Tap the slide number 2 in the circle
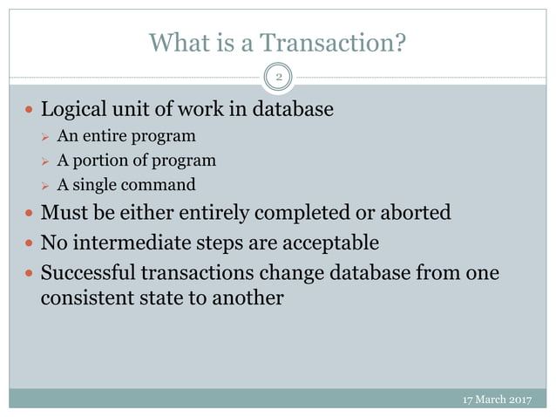279,79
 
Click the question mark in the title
400,42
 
